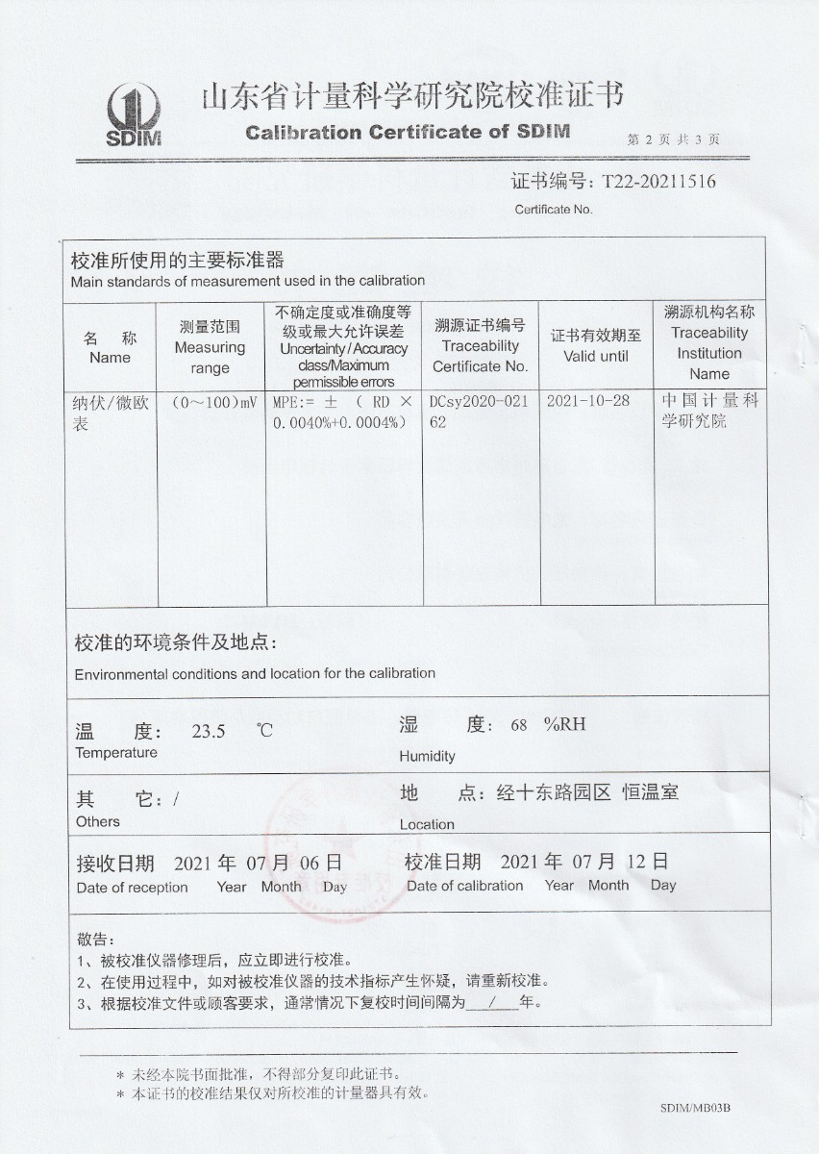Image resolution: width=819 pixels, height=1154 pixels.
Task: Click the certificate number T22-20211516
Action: (x=658, y=181)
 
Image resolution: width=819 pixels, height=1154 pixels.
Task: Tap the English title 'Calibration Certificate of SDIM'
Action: (x=408, y=133)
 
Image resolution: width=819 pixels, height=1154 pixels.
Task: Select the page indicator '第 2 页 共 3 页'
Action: (x=674, y=139)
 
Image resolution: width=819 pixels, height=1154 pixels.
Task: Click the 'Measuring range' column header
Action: (x=210, y=347)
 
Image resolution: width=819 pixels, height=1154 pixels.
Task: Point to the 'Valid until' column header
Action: (x=595, y=346)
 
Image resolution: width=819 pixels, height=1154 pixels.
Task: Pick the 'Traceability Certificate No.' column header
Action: (x=480, y=346)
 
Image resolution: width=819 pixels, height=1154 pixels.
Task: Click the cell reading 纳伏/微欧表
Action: (x=109, y=413)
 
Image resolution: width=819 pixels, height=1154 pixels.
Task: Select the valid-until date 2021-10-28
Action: (x=587, y=401)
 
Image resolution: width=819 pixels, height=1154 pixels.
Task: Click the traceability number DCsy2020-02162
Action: (x=479, y=412)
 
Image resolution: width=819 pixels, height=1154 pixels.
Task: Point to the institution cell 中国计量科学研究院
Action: (x=709, y=411)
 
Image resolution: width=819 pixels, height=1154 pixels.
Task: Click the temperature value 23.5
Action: (x=209, y=731)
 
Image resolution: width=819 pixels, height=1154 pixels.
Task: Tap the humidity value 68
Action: (x=519, y=725)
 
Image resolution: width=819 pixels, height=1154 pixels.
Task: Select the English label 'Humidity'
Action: (x=427, y=756)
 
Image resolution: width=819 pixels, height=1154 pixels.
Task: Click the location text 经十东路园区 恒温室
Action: (x=586, y=793)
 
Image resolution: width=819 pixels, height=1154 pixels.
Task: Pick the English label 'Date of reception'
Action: (x=133, y=888)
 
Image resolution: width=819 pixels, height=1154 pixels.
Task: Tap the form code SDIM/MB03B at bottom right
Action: (x=696, y=1108)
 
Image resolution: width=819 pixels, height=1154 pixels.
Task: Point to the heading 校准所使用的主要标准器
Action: (x=178, y=261)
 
